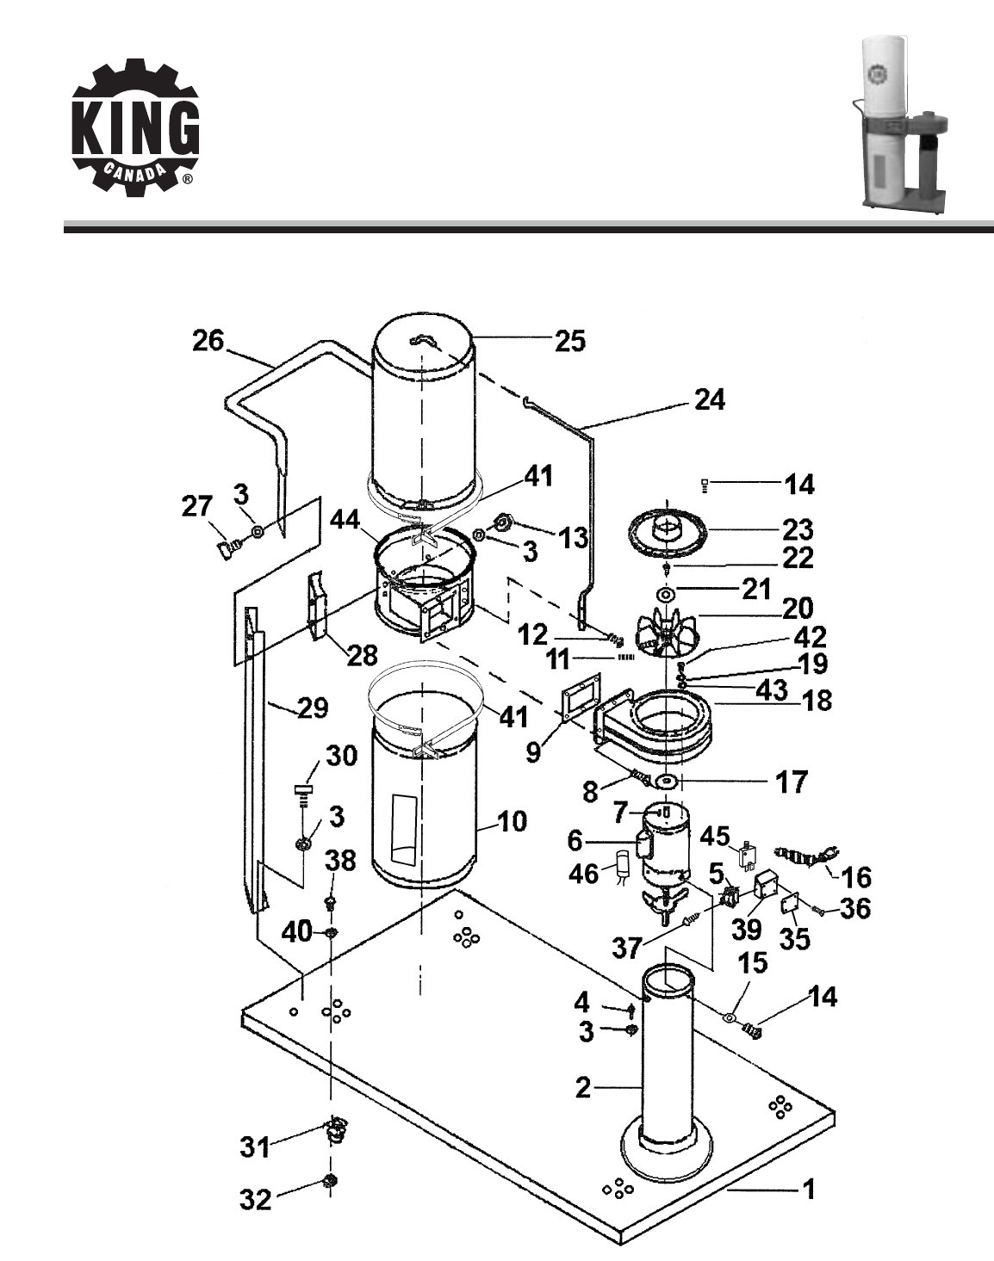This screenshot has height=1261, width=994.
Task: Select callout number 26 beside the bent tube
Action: point(208,341)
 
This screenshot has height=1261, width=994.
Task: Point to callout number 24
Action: point(710,400)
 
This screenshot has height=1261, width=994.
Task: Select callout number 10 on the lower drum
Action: point(512,821)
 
